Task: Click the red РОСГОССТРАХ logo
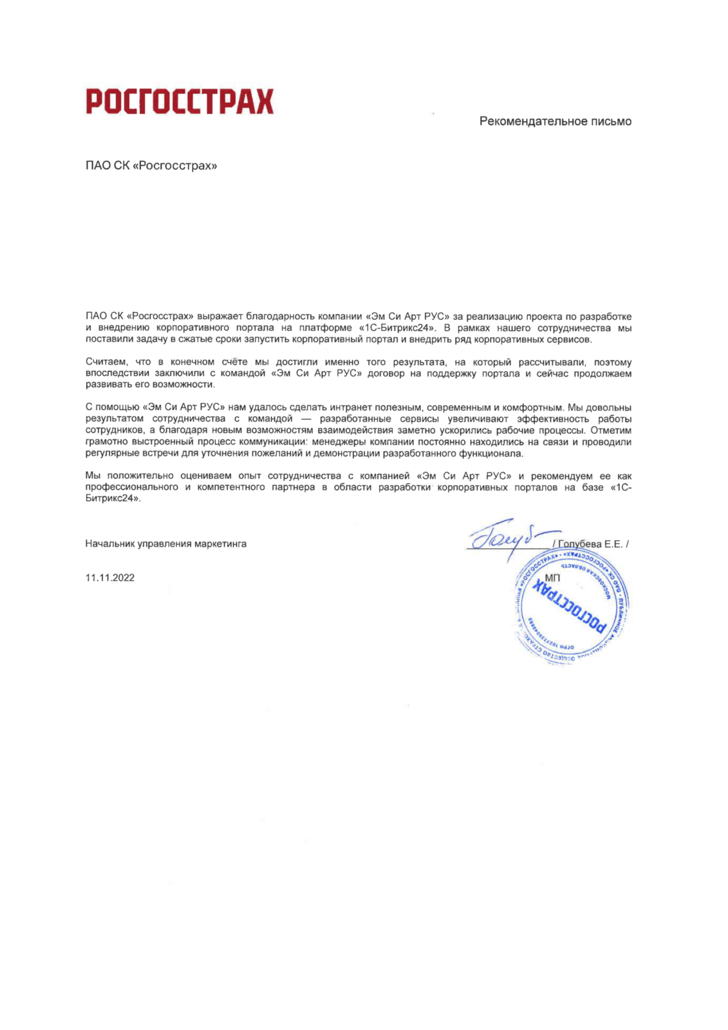click(180, 102)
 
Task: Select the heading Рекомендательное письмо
click(555, 121)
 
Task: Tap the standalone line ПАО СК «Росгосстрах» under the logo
click(151, 166)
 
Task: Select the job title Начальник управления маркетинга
click(165, 544)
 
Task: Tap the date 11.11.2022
click(110, 577)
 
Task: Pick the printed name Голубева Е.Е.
click(590, 544)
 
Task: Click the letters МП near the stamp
click(552, 577)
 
